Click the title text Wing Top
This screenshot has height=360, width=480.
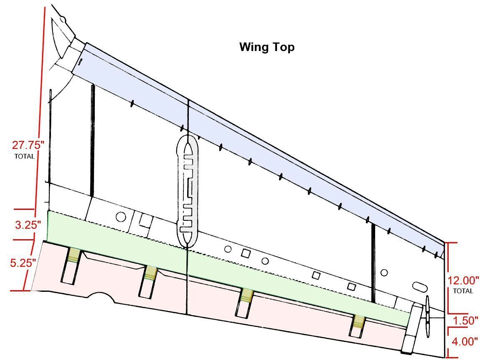point(267,47)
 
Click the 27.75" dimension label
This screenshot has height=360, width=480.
point(28,145)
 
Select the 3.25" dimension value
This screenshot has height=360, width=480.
point(28,225)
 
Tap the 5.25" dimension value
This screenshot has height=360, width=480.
point(23,263)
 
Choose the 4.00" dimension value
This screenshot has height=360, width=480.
point(465,341)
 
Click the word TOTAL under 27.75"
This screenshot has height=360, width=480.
point(25,156)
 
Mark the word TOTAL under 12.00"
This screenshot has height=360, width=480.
point(463,291)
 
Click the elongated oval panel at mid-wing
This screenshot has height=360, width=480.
point(187,191)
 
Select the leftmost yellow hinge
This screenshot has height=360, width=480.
point(74,255)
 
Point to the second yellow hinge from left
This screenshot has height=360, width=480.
point(151,273)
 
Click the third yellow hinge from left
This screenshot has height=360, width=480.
point(247,295)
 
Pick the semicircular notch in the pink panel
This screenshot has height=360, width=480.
point(100,296)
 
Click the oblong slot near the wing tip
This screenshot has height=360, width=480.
point(420,287)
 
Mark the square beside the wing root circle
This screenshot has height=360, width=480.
point(146,221)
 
